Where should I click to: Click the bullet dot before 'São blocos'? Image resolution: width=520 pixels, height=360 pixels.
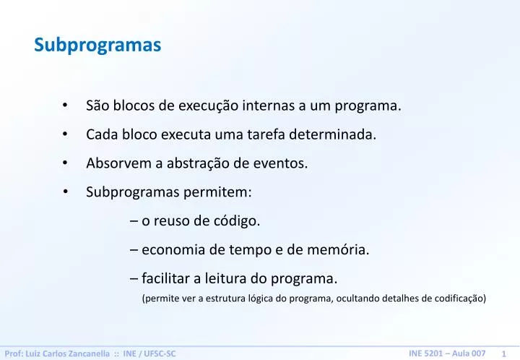(x=65, y=106)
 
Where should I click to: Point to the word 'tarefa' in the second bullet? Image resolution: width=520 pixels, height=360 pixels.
(x=267, y=134)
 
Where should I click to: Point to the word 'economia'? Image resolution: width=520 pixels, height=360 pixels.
(x=172, y=250)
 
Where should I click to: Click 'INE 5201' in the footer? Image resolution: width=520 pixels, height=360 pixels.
(x=425, y=352)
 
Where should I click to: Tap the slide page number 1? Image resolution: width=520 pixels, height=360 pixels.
(x=503, y=353)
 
